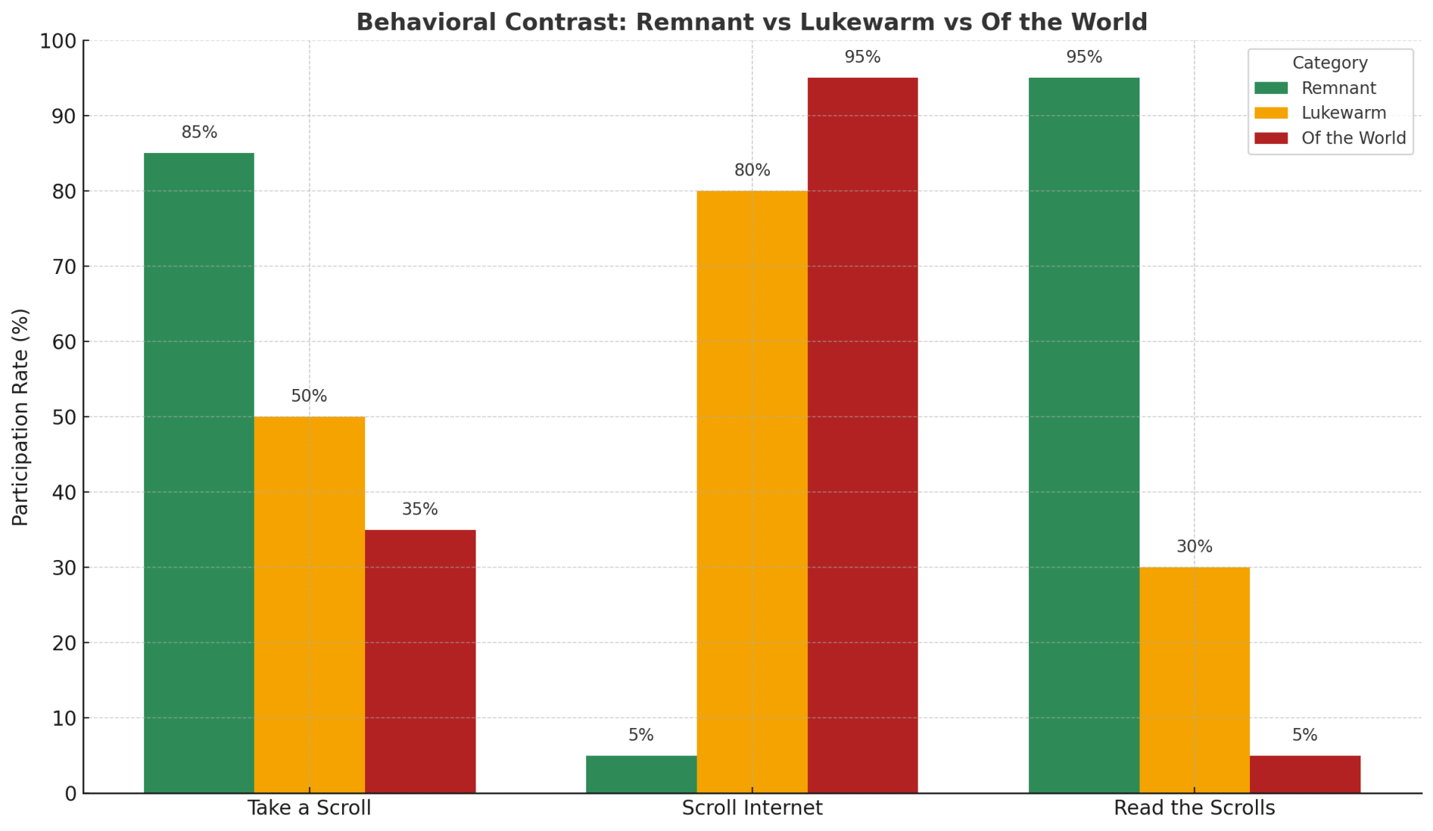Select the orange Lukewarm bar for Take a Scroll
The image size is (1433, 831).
pos(309,605)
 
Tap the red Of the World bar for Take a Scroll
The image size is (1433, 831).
pos(420,661)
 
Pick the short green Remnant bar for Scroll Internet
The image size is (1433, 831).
pos(641,774)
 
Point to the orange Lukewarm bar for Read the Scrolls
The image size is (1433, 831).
pos(1194,679)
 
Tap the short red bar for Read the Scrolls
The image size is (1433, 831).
pos(1305,774)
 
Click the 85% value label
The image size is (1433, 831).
pos(199,132)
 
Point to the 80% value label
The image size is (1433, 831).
pos(752,170)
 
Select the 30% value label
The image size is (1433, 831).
pos(1194,547)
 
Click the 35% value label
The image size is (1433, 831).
pos(420,509)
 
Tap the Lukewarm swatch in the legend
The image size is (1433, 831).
pos(1271,113)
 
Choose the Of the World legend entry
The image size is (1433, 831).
pos(1353,138)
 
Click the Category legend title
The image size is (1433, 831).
pos(1330,63)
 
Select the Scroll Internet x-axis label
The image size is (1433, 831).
pos(752,808)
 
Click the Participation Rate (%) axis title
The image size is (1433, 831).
pos(21,417)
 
